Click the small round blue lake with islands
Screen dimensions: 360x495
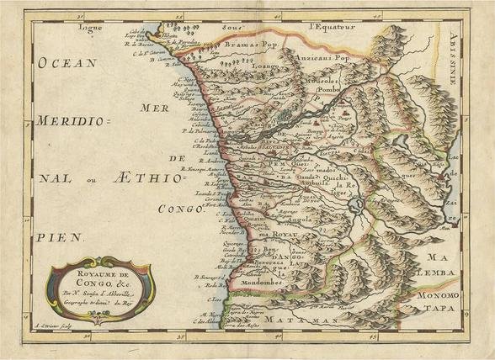[x=358, y=204]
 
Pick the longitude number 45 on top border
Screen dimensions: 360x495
[x=380, y=14]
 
